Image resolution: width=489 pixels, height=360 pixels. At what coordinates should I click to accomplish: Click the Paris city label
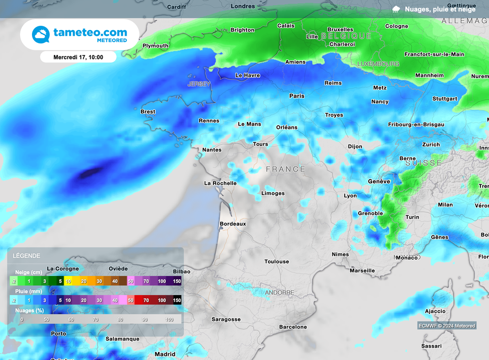(297, 96)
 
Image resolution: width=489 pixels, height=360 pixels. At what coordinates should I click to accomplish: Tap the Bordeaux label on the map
(233, 223)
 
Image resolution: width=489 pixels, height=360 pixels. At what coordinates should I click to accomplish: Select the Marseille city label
(362, 271)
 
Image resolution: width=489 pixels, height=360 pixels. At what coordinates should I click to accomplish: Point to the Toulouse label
(276, 262)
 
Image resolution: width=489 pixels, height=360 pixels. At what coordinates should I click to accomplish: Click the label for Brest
(148, 112)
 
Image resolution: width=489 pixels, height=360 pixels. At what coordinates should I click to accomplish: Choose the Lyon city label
(350, 196)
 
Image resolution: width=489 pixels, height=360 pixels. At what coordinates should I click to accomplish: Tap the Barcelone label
(293, 327)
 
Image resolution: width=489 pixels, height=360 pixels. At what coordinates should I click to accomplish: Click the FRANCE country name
(286, 169)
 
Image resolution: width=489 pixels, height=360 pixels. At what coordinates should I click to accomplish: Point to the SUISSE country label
(424, 163)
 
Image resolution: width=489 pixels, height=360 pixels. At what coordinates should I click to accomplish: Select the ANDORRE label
(279, 292)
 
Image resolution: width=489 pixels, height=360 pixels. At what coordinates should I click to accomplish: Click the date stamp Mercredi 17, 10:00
(78, 57)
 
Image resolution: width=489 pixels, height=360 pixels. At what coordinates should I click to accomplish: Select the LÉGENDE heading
(27, 256)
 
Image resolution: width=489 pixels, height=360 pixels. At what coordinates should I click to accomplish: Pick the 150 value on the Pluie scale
(177, 300)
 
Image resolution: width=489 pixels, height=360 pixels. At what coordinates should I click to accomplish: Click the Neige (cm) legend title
(28, 272)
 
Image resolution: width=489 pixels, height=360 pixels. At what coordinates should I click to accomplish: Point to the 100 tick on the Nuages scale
(169, 319)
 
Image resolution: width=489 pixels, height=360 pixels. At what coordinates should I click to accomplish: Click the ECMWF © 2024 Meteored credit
(446, 326)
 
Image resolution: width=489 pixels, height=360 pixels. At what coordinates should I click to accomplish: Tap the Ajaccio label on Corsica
(435, 311)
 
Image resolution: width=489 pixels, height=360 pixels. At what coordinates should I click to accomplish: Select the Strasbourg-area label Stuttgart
(445, 99)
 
